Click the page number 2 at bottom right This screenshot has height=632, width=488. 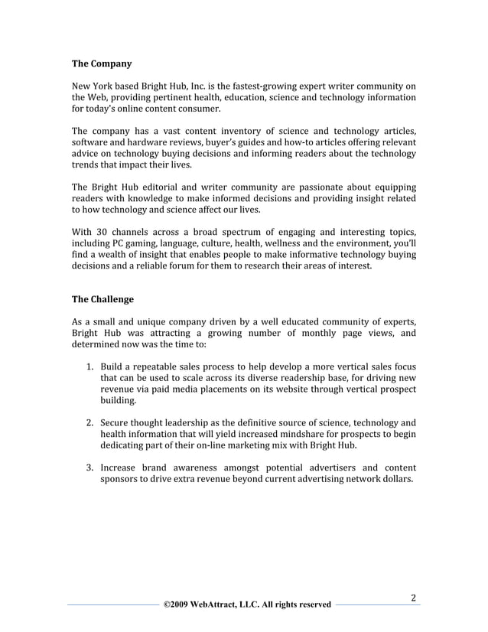pyautogui.click(x=413, y=596)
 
